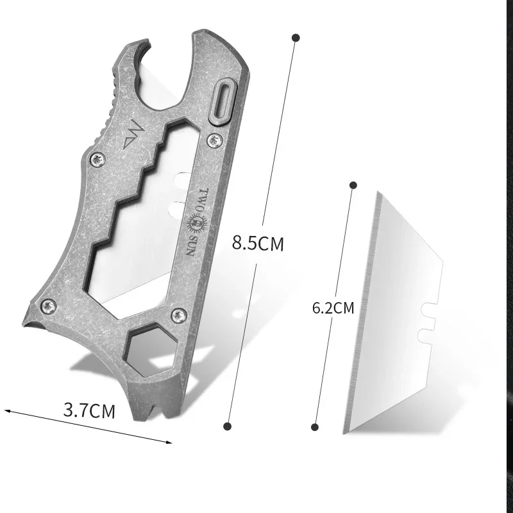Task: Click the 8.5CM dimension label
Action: click(258, 244)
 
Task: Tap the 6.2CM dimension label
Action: click(333, 308)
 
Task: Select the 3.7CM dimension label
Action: click(89, 410)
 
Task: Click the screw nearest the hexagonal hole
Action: click(180, 314)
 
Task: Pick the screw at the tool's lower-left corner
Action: click(47, 307)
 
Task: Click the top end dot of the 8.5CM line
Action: click(296, 38)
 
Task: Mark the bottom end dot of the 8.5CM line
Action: click(226, 426)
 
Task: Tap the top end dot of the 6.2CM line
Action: click(353, 185)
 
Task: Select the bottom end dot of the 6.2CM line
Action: click(315, 426)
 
